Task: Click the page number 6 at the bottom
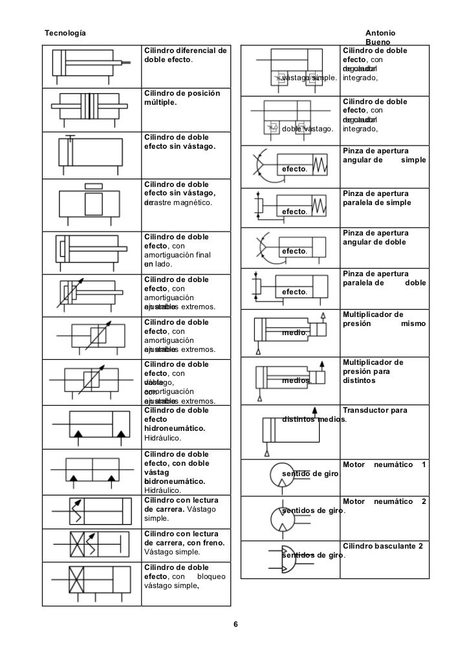tap(235, 625)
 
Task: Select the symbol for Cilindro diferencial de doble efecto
tap(89, 65)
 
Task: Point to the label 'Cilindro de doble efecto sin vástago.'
tap(179, 141)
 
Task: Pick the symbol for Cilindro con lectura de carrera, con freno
tap(89, 543)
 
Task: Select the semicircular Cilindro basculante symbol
tap(284, 557)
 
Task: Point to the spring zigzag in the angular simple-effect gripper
tap(322, 166)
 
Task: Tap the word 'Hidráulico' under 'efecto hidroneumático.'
tap(162, 439)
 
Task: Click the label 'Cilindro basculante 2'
tap(383, 546)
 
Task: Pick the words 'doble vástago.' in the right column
tap(308, 129)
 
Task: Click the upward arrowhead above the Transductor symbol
tap(315, 409)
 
